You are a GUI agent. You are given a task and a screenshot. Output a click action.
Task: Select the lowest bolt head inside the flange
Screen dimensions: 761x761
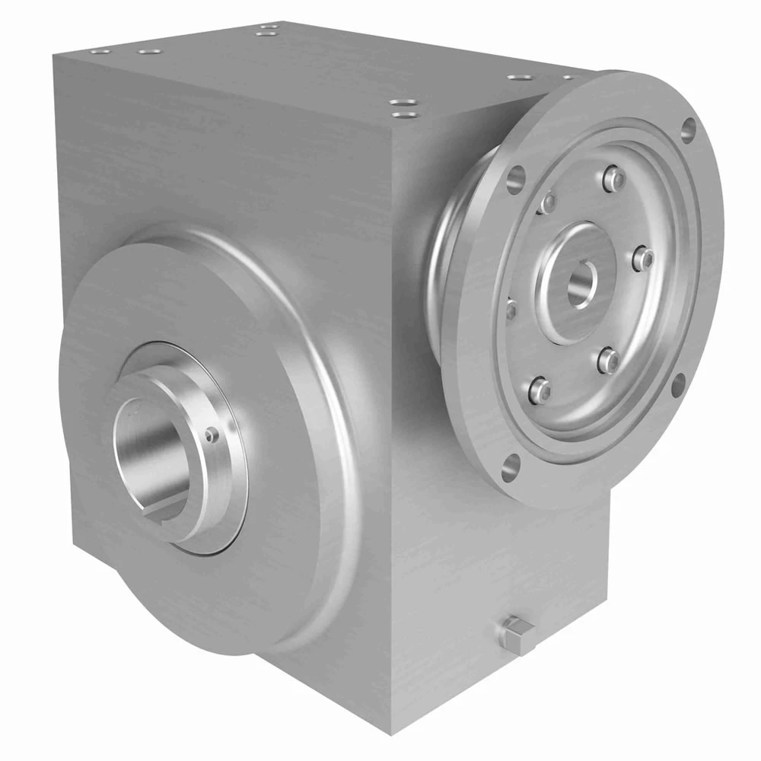(539, 390)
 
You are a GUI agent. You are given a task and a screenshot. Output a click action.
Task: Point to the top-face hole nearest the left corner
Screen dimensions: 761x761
(99, 52)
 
